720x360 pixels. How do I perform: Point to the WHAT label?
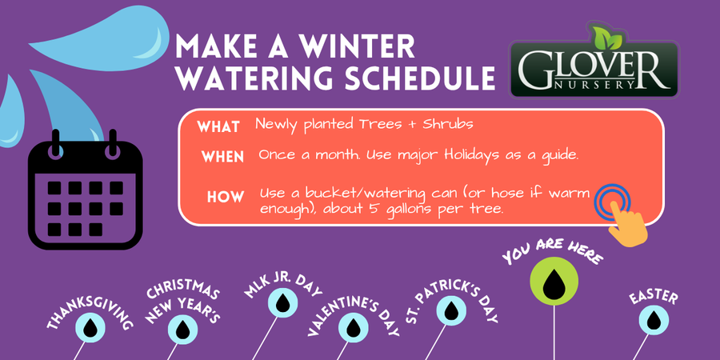[x=218, y=127]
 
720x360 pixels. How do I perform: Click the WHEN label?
[x=222, y=157]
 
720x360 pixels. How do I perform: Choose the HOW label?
[x=226, y=198]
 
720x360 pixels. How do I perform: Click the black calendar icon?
[x=86, y=190]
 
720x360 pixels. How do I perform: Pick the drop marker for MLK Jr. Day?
[x=283, y=302]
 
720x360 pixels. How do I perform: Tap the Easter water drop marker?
[x=654, y=321]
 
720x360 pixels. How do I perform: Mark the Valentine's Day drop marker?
[x=354, y=328]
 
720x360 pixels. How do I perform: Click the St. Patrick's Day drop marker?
[x=451, y=311]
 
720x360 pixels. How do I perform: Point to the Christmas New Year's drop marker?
[x=182, y=330]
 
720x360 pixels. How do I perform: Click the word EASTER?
[x=654, y=298]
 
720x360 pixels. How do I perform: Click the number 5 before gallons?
[x=373, y=209]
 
